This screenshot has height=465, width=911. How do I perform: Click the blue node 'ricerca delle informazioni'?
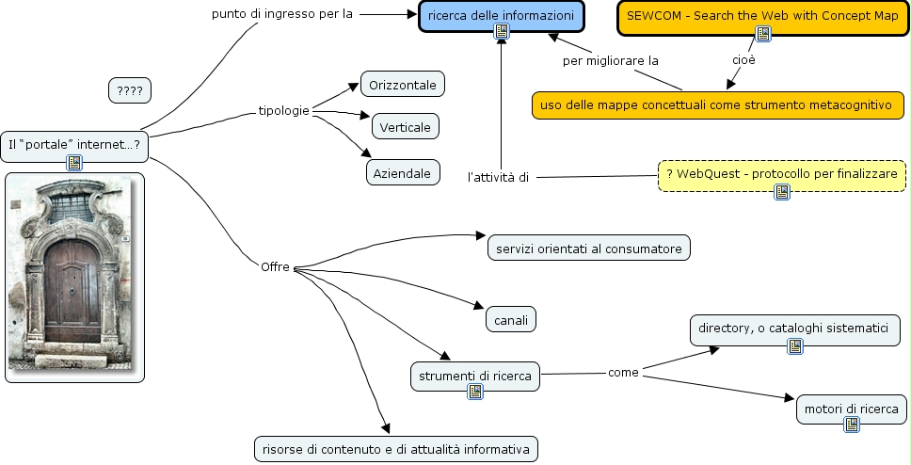coord(501,15)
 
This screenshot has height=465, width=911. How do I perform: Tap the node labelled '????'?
coord(130,90)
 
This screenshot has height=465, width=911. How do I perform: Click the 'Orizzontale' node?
coord(403,85)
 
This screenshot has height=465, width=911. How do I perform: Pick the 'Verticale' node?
coord(406,126)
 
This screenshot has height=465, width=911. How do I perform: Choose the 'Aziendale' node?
coord(403,172)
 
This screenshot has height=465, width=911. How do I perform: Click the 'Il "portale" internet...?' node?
coord(73,144)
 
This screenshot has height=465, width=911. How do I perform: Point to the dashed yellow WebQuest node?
coord(781,175)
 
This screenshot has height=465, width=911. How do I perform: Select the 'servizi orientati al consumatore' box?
coord(589,248)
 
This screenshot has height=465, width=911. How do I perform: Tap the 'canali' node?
coord(511,320)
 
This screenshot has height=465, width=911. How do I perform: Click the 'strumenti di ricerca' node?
coord(475,377)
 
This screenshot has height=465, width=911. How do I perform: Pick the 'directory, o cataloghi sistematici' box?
coord(794,328)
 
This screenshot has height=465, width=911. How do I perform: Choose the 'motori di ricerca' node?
coord(852,409)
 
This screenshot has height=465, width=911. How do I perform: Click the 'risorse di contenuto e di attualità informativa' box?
coord(396,449)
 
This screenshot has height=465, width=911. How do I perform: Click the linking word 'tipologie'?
coord(284,111)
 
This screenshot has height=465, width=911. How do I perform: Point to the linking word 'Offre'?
coord(275,266)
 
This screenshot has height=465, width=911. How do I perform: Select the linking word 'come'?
coord(623,373)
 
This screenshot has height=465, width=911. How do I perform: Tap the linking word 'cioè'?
coord(743,60)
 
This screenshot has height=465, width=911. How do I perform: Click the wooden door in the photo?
coord(72,287)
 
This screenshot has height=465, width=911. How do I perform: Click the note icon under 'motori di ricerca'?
coord(852,425)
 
